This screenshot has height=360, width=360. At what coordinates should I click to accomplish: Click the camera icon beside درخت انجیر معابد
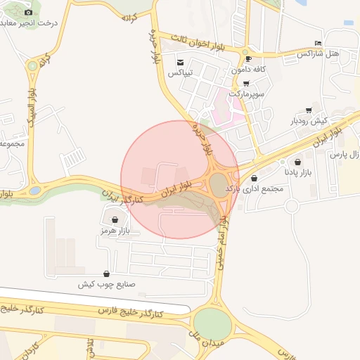29,12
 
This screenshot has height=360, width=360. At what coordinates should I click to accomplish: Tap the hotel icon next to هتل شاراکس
319,44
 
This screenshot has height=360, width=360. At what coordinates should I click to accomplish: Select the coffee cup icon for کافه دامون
247,58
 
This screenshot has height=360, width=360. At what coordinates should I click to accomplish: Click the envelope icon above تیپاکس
181,62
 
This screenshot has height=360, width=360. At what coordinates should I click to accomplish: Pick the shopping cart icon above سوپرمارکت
245,83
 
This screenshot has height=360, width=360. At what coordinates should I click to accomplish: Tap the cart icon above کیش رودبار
309,110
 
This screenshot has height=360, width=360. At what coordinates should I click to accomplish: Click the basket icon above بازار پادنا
298,162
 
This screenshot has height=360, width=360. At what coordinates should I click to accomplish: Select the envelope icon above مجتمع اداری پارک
254,179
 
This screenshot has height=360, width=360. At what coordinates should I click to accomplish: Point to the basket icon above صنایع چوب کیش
106,274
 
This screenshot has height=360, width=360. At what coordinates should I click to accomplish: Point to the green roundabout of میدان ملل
212,323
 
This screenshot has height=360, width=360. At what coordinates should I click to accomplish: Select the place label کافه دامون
249,69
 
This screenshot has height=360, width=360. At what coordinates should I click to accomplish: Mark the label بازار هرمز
116,231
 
